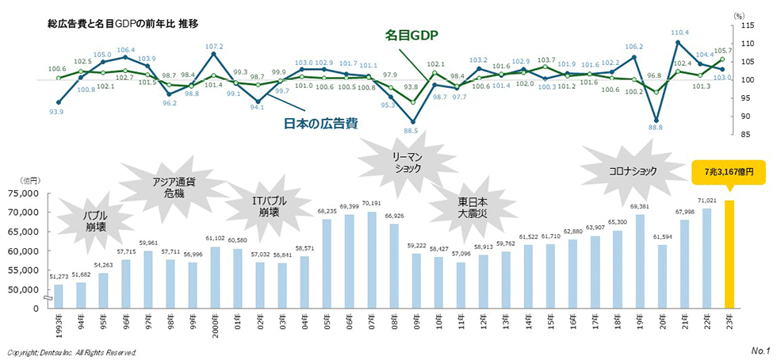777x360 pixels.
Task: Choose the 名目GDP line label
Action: point(412,36)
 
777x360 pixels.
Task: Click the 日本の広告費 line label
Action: point(320,123)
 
